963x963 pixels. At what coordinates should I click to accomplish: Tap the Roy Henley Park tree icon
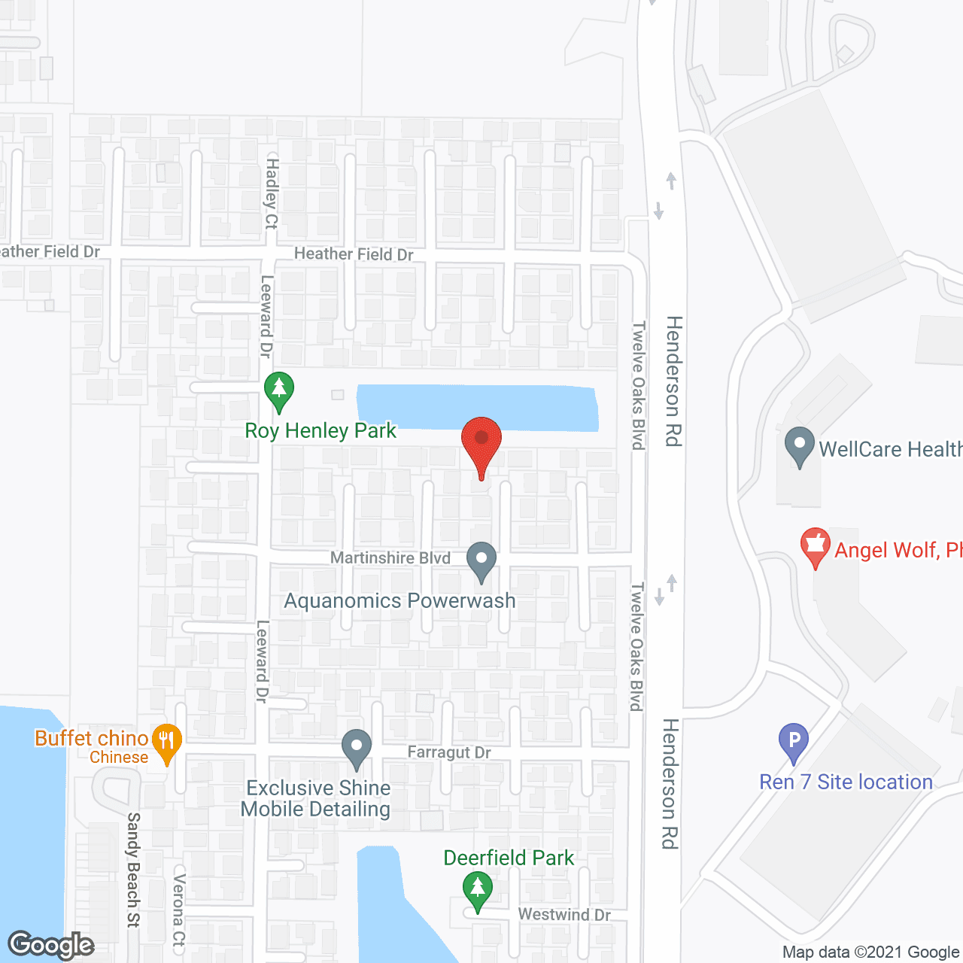pyautogui.click(x=279, y=390)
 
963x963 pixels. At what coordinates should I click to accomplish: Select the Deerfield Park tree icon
pyautogui.click(x=477, y=889)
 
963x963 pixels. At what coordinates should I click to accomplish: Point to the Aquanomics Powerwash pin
pyautogui.click(x=481, y=561)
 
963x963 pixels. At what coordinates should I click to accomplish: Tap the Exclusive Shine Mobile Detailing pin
pyautogui.click(x=357, y=748)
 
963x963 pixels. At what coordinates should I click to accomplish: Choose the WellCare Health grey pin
pyautogui.click(x=799, y=445)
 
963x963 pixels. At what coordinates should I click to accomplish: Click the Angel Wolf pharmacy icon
pyautogui.click(x=815, y=546)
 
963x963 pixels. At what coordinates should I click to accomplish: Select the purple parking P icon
pyautogui.click(x=793, y=741)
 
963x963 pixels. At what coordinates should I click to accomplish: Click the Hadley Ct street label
pyautogui.click(x=272, y=194)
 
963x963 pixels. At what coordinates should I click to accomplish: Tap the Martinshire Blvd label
pyautogui.click(x=390, y=557)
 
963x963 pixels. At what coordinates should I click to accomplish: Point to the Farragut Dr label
pyautogui.click(x=449, y=752)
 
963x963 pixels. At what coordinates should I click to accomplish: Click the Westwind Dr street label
pyautogui.click(x=564, y=914)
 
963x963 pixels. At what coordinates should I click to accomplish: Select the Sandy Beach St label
pyautogui.click(x=134, y=870)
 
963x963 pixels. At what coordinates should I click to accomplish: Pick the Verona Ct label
pyautogui.click(x=179, y=910)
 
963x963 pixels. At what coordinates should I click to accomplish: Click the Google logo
pyautogui.click(x=51, y=945)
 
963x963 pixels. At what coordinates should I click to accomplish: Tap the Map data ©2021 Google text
pyautogui.click(x=871, y=952)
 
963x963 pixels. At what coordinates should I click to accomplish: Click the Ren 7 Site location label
pyautogui.click(x=846, y=782)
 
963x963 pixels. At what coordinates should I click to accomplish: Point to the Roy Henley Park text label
pyautogui.click(x=320, y=430)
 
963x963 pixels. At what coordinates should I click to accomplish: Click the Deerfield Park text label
pyautogui.click(x=509, y=858)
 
